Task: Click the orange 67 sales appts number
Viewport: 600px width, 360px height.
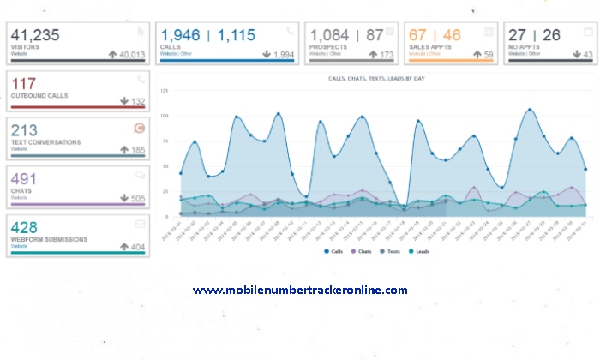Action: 418,36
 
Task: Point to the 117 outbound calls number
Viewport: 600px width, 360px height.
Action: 24,84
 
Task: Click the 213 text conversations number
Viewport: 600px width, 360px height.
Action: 26,130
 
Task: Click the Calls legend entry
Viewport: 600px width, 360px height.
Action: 333,251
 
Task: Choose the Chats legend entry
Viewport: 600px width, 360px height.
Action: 362,251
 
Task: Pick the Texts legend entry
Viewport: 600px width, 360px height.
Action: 391,251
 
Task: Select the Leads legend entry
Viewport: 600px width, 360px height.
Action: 419,251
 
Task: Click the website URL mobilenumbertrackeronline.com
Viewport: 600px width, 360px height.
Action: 300,291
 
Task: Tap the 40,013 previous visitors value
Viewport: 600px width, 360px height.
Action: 130,55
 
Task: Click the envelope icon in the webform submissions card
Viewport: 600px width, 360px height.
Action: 141,223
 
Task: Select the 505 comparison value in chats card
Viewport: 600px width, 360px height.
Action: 130,199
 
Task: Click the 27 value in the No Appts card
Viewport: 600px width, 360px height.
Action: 517,36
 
